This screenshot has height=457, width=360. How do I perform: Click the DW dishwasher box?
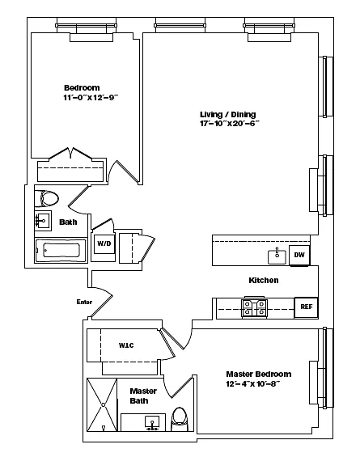click(299, 255)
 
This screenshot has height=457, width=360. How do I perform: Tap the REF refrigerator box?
click(306, 307)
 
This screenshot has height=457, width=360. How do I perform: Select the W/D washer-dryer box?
click(104, 243)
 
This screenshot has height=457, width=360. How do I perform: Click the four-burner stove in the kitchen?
click(254, 308)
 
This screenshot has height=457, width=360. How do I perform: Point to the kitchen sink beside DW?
click(277, 256)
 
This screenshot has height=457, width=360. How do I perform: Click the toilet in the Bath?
click(47, 199)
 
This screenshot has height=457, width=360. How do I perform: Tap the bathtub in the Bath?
click(61, 251)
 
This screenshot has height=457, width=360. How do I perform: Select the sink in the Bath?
click(43, 221)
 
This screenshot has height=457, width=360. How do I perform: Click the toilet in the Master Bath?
click(180, 419)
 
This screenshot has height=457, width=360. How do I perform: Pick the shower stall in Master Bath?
click(102, 404)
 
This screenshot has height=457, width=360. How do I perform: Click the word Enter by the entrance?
click(84, 302)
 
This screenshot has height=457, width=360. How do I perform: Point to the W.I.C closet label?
click(126, 345)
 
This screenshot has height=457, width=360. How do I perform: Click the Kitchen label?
click(264, 280)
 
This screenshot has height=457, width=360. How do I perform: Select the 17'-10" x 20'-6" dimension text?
click(230, 124)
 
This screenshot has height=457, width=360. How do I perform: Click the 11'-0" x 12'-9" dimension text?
click(91, 97)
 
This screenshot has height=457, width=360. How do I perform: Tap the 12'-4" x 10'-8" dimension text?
click(253, 383)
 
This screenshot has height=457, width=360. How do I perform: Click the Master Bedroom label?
click(259, 374)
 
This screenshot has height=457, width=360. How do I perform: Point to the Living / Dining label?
click(228, 114)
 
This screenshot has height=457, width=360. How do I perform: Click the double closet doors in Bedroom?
click(70, 154)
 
